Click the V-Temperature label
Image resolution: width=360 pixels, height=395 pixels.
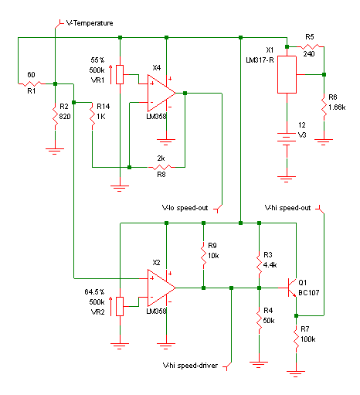(90, 23)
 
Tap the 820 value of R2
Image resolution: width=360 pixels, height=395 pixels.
(65, 117)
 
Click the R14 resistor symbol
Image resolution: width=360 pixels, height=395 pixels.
(92, 116)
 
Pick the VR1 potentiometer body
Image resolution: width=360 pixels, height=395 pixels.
(120, 74)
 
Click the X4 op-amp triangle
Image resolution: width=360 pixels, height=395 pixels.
(161, 93)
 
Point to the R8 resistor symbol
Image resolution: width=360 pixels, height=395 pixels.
(161, 167)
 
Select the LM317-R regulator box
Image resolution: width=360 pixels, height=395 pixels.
(287, 74)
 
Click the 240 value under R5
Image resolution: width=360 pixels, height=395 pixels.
(309, 54)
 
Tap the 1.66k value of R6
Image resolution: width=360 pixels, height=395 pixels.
(337, 107)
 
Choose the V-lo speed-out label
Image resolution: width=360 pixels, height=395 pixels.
(185, 208)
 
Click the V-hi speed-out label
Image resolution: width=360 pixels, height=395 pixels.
(287, 208)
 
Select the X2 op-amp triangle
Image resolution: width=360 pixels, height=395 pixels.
(161, 288)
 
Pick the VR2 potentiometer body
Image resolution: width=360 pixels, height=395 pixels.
(120, 306)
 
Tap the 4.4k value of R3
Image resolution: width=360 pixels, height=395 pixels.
(270, 265)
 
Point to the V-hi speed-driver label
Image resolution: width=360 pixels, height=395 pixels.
(190, 366)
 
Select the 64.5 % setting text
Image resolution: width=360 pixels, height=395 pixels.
(94, 292)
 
